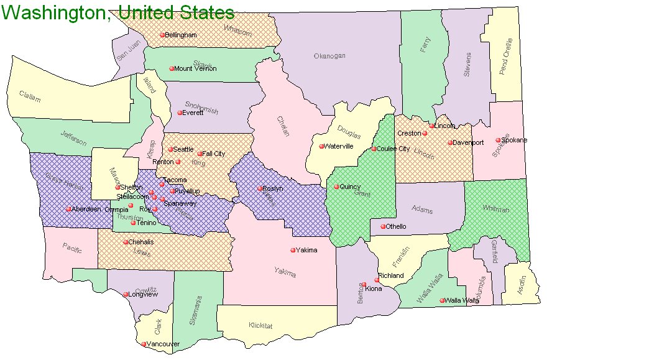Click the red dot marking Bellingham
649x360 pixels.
coord(162,35)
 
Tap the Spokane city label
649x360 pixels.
coord(515,140)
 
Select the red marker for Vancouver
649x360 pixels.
coord(144,344)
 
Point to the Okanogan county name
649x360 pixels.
coord(329,56)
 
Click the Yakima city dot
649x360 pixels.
coord(293,251)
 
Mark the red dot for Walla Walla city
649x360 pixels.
coord(442,301)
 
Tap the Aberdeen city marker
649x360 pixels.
coord(69,209)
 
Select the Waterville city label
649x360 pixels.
coord(339,147)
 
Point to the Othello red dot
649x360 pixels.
coord(383,227)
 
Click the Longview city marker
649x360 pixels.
coord(126,295)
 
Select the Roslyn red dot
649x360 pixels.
coord(260,188)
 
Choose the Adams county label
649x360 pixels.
coord(422,210)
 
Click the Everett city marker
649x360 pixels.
coord(180,113)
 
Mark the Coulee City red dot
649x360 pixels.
coord(374,149)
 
